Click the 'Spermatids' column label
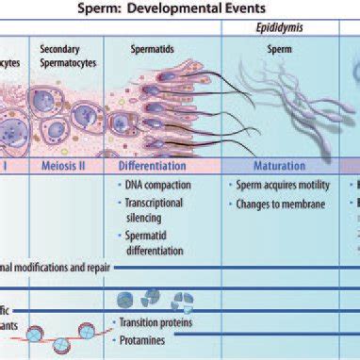pos(149,46)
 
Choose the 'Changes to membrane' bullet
pos(277,205)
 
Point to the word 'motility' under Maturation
pos(312,186)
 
